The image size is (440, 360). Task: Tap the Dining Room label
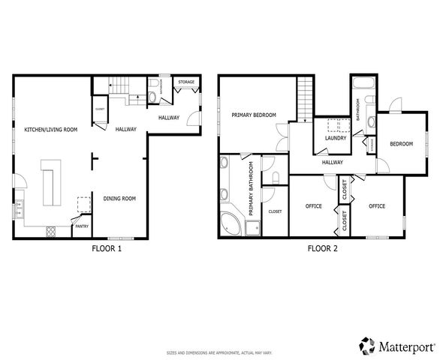click(119, 199)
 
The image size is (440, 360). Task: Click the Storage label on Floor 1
click(186, 82)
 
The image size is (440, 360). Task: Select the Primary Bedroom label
click(254, 115)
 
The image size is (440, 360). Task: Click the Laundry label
click(334, 138)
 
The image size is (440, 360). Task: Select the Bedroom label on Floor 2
click(401, 144)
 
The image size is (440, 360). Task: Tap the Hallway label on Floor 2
click(332, 162)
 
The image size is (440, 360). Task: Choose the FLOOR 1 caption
click(107, 248)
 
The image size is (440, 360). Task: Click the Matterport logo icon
click(367, 345)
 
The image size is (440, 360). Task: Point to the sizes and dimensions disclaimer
click(218, 351)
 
